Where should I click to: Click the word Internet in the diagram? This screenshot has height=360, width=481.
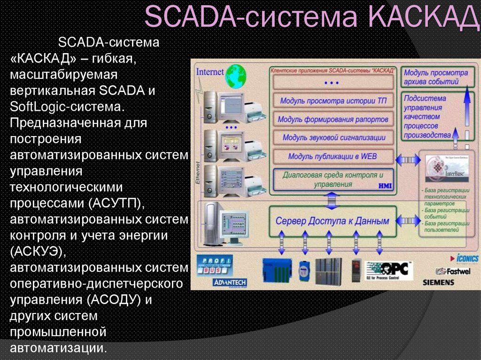click(x=210, y=72)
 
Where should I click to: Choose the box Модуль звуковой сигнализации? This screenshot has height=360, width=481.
click(x=334, y=138)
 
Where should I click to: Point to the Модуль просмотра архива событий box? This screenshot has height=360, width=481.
click(x=436, y=77)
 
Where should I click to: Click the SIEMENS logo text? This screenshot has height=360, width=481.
click(x=438, y=283)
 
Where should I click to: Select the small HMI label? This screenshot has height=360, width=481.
click(x=385, y=186)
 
